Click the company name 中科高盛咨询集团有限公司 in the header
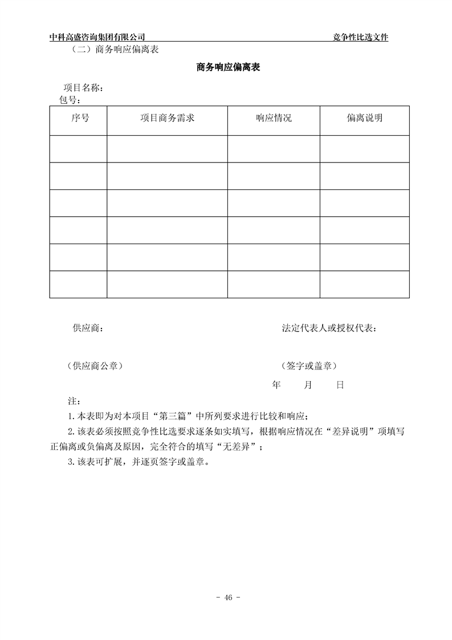(x=101, y=37)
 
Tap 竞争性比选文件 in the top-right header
(x=360, y=37)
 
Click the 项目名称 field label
(x=83, y=88)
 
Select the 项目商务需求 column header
(x=168, y=119)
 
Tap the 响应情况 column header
(x=274, y=119)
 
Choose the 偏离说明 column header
(x=364, y=119)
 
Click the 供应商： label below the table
(x=87, y=328)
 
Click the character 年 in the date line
(x=276, y=385)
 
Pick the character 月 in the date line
(x=308, y=385)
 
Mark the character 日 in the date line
(x=340, y=385)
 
